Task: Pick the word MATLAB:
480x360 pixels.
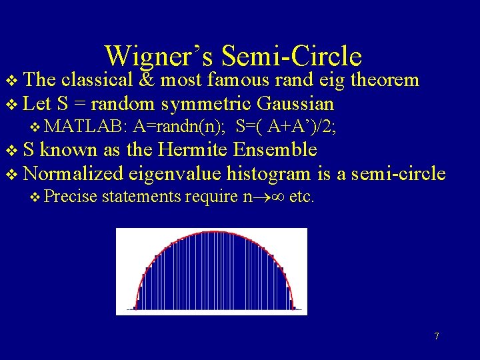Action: (x=88, y=127)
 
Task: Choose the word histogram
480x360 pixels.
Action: (x=269, y=174)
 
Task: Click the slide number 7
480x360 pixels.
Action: (x=437, y=336)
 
